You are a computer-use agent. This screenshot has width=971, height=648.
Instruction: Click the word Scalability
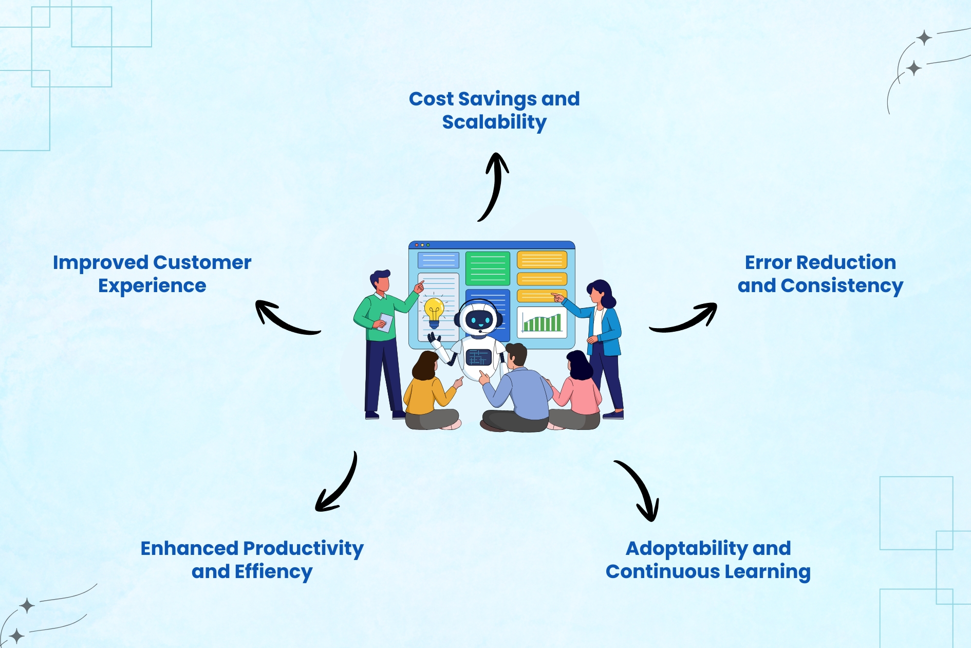pyautogui.click(x=494, y=122)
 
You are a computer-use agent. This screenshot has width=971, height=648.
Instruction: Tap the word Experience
pyautogui.click(x=152, y=286)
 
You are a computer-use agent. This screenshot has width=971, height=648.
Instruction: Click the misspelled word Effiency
pyautogui.click(x=273, y=572)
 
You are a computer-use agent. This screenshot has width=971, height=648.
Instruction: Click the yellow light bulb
pyautogui.click(x=434, y=311)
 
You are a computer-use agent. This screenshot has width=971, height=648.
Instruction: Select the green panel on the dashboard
pyautogui.click(x=488, y=268)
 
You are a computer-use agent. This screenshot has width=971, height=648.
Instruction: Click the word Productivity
pyautogui.click(x=303, y=549)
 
